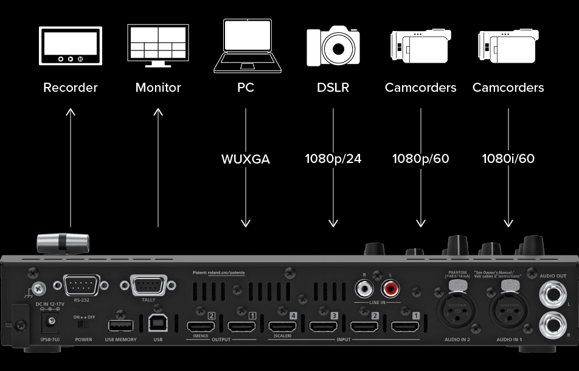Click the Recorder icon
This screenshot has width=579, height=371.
point(71,45)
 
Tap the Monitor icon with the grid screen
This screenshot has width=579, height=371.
point(158,45)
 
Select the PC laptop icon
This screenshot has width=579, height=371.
point(245,45)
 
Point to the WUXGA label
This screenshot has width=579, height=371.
point(245,159)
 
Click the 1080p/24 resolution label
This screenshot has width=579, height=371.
point(333,159)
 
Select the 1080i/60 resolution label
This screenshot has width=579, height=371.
point(508,159)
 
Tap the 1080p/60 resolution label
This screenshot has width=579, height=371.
point(420,159)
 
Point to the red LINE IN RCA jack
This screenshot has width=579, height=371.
point(388,286)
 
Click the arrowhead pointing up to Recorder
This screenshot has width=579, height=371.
point(71,112)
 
